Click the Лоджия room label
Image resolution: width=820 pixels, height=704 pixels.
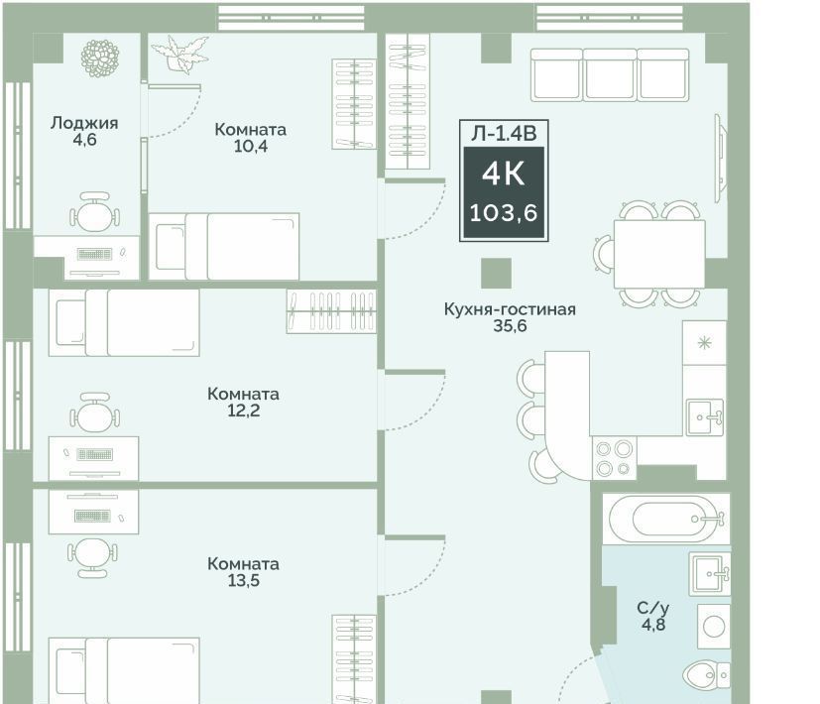click(x=84, y=123)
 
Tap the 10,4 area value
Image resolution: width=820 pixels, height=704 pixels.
click(x=251, y=147)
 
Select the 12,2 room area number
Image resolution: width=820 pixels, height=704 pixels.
click(x=243, y=411)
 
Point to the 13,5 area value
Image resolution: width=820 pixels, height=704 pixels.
click(x=243, y=581)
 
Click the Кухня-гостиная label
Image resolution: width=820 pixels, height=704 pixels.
click(x=510, y=309)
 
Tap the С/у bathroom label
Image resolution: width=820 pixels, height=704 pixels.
click(x=653, y=608)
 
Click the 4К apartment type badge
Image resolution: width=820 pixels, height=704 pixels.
click(x=504, y=174)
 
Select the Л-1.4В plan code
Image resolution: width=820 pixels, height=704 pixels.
click(x=504, y=134)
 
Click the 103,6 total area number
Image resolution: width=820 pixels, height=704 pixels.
click(x=504, y=213)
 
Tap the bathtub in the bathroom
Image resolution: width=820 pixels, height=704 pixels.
click(x=666, y=519)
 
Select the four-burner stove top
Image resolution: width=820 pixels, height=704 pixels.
click(x=614, y=458)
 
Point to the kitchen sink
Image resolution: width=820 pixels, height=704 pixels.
click(x=705, y=416)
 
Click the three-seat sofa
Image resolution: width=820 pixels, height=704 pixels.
click(x=610, y=74)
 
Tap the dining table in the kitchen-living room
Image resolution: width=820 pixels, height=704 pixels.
click(x=659, y=254)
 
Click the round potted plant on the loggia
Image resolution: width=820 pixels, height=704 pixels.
click(x=100, y=58)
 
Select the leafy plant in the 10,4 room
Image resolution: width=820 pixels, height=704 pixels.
click(x=179, y=53)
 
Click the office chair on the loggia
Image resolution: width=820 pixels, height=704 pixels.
click(x=94, y=211)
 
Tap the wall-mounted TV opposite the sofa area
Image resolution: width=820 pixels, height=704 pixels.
click(x=721, y=158)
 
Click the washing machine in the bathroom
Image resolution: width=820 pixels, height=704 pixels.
click(x=714, y=626)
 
